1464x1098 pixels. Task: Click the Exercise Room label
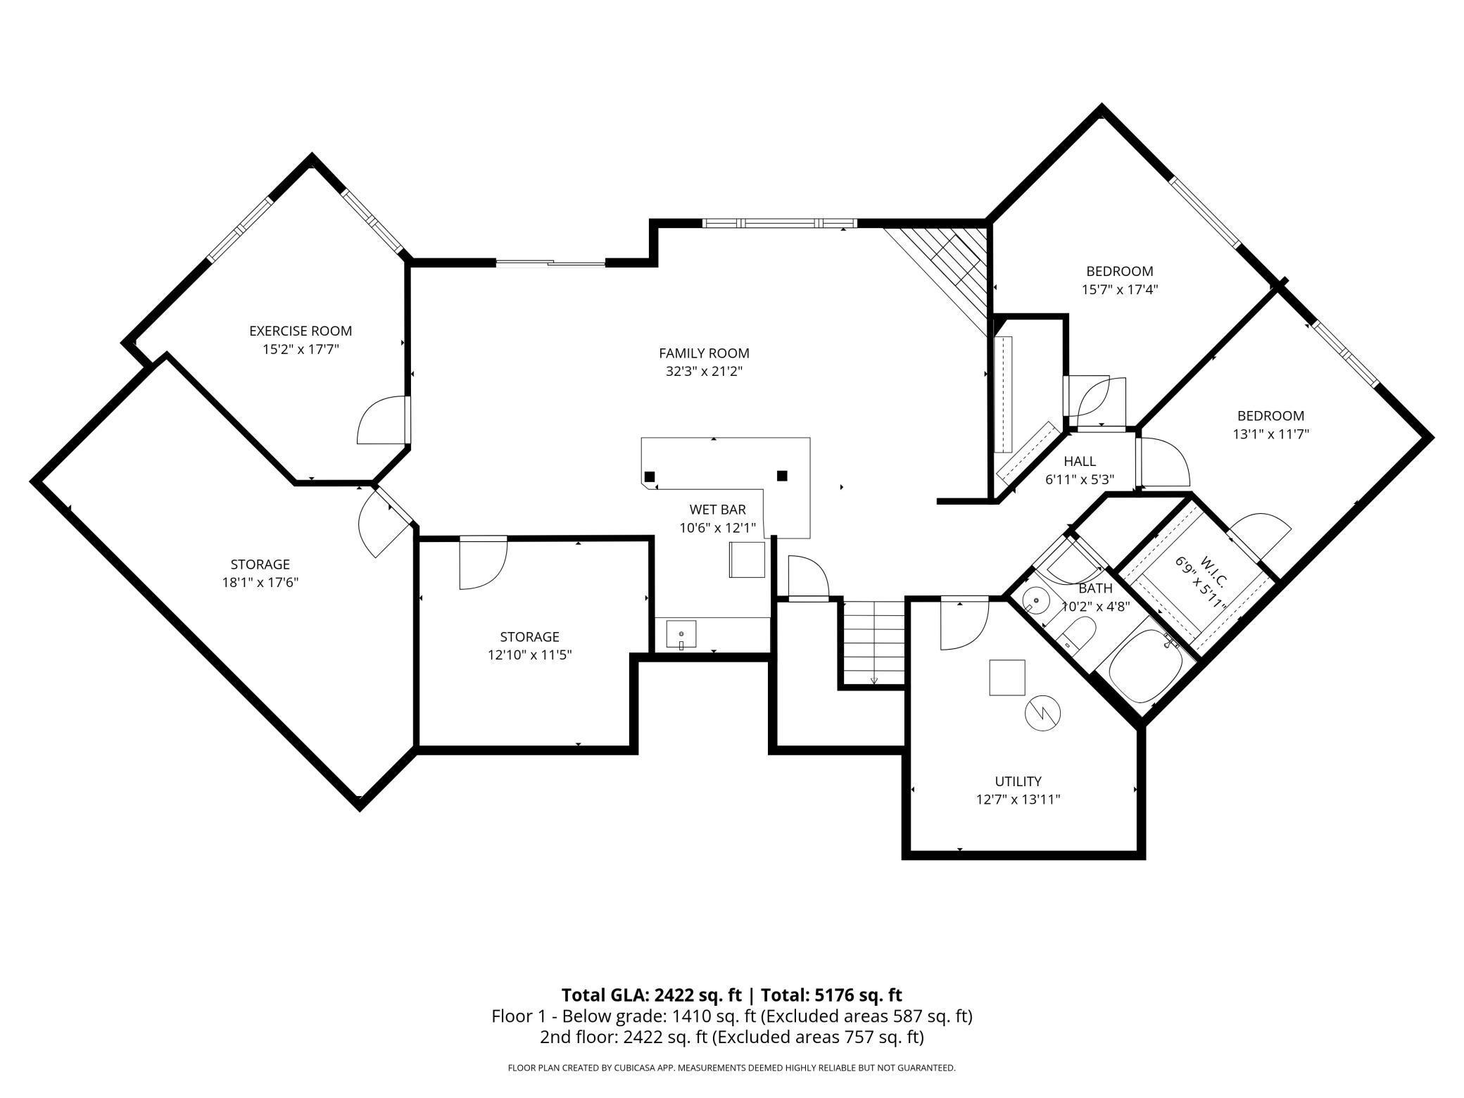301,331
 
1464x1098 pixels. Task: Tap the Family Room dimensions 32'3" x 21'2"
704,372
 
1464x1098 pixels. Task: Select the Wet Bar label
717,510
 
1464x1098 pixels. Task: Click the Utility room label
1018,781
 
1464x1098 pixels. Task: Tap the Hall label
1079,462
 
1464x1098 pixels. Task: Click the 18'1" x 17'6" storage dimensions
260,583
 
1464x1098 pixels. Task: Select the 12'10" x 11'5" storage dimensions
529,655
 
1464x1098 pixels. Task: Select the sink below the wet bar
681,635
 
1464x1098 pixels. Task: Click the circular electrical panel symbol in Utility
1042,714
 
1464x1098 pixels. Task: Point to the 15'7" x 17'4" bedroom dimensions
1119,289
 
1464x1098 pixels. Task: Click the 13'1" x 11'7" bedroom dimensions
1270,434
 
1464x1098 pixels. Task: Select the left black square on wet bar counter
650,477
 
